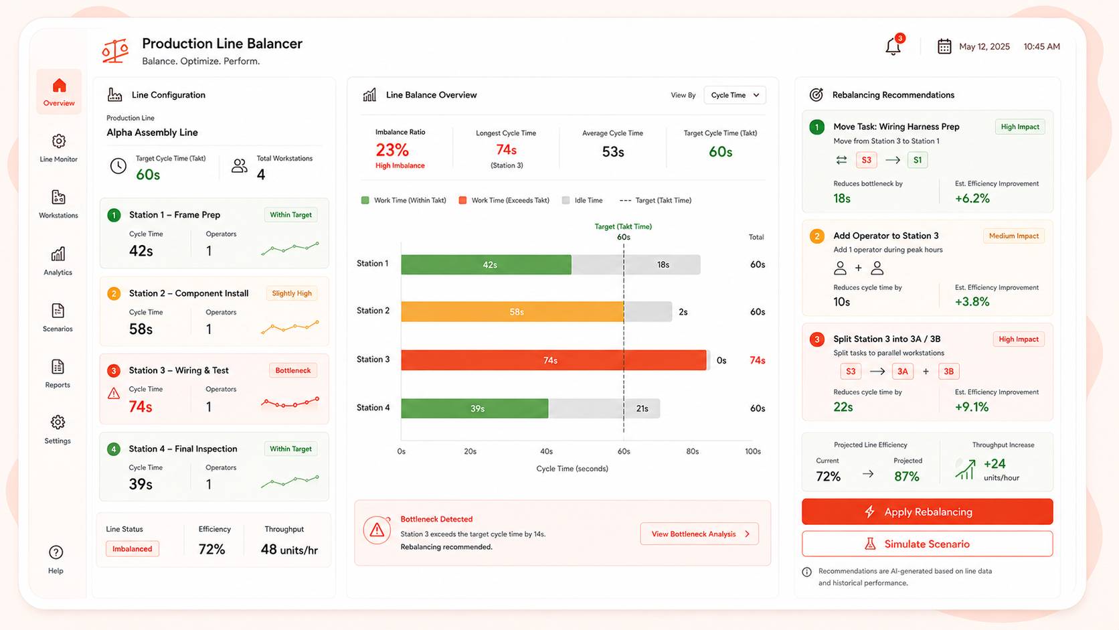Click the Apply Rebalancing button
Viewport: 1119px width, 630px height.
coord(927,511)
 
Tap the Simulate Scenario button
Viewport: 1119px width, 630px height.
coord(927,544)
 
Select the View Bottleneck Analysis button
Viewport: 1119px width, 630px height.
coord(699,534)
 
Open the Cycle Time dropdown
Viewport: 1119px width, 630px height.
coord(735,95)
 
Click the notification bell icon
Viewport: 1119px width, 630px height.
coord(893,46)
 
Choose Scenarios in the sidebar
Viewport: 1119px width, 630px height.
coord(58,317)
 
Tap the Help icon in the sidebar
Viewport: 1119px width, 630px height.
coord(56,552)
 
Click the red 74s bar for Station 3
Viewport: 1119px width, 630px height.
coord(554,360)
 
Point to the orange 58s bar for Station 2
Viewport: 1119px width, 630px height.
coord(513,312)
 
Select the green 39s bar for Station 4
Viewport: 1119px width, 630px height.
coord(475,408)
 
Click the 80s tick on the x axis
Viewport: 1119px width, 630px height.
coord(693,451)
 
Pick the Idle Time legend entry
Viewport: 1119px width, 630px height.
coord(582,200)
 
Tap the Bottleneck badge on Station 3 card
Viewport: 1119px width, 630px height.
coord(293,370)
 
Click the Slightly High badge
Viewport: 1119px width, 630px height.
coord(292,293)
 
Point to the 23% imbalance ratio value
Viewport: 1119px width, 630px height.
coord(392,149)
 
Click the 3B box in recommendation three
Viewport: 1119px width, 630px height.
coord(948,371)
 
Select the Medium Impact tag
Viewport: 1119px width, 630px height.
coord(1014,236)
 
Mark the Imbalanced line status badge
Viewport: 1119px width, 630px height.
coord(133,548)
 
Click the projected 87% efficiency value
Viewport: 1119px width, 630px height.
coord(907,477)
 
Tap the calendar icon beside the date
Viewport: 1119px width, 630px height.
coord(944,46)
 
